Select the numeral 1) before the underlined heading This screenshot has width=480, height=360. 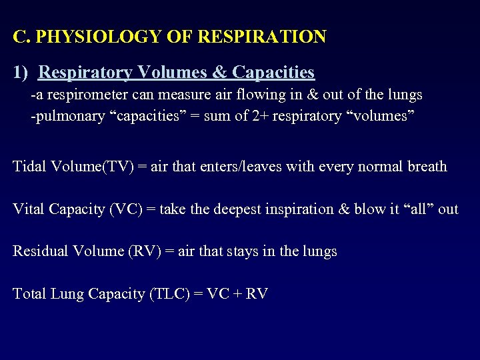click(x=21, y=72)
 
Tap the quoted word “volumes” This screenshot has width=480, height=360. click(x=383, y=116)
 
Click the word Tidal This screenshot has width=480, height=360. click(x=29, y=166)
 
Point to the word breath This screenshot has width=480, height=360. click(x=425, y=166)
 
